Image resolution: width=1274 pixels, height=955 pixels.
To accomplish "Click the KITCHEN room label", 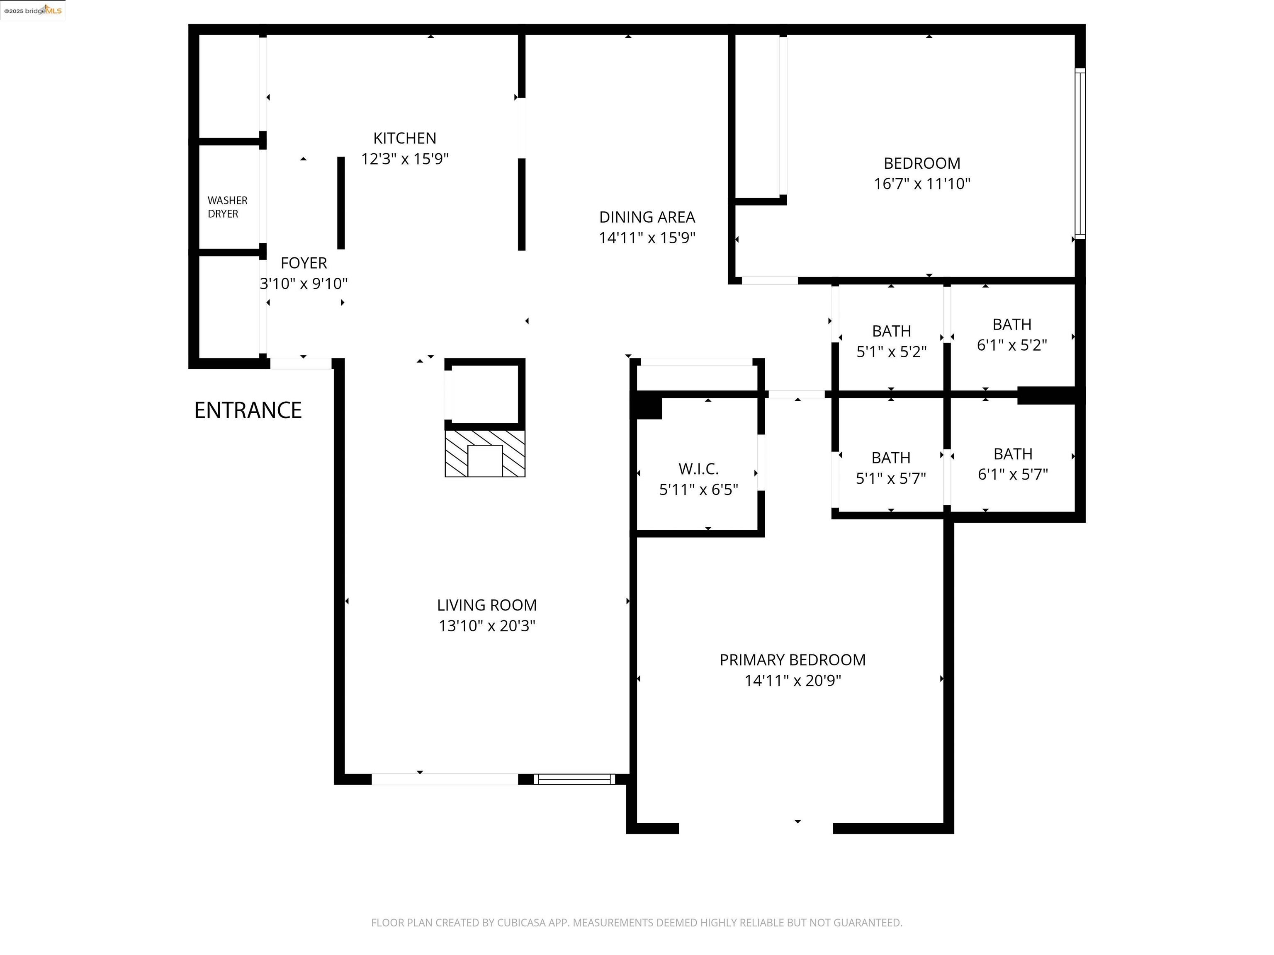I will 404,138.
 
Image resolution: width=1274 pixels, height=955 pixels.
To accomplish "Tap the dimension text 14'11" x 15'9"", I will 647,238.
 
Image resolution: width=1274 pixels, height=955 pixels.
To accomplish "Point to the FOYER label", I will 304,263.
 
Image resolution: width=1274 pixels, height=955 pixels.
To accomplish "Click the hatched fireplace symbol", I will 485,453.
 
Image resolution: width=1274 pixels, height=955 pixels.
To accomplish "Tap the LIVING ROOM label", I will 487,605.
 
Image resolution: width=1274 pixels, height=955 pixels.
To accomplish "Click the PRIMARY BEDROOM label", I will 792,660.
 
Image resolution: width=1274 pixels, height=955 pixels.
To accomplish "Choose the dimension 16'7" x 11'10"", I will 921,184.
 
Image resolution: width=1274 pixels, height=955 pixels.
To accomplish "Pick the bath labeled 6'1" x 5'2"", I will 1011,334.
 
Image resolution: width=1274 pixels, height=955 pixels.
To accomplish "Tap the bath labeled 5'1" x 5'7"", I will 890,468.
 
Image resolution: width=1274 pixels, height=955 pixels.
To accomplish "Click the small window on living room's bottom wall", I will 574,779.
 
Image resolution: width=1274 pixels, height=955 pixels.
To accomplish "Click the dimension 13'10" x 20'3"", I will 487,626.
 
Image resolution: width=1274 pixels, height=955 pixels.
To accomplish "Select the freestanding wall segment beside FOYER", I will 341,203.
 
